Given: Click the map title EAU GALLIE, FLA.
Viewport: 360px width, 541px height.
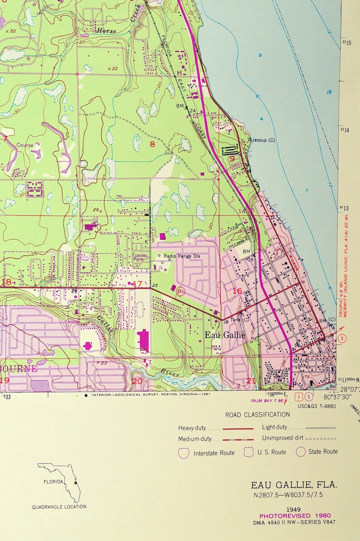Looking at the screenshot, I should pos(294,485).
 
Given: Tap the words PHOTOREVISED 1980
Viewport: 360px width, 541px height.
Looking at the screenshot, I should pos(295,516).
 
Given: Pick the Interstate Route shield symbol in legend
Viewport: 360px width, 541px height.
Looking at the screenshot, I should pos(184,453).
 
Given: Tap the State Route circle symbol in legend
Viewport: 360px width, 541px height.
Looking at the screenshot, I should pos(301,452).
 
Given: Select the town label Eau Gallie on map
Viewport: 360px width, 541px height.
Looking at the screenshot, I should pos(225,335).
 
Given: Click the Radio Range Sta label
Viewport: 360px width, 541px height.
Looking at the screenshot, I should pos(182,256).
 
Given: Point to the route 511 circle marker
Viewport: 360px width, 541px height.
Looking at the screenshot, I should pos(181,291).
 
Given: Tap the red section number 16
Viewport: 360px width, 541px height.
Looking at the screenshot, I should pos(237,291).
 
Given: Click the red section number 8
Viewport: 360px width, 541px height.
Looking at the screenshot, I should pos(152,145).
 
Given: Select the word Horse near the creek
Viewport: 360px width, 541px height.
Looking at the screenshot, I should pos(106,31).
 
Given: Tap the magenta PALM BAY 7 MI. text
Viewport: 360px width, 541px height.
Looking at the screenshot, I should pos(267,401).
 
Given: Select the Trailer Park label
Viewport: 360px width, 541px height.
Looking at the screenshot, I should pos(137,258).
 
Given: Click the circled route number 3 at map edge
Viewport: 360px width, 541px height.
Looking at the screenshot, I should pos(343,338).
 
